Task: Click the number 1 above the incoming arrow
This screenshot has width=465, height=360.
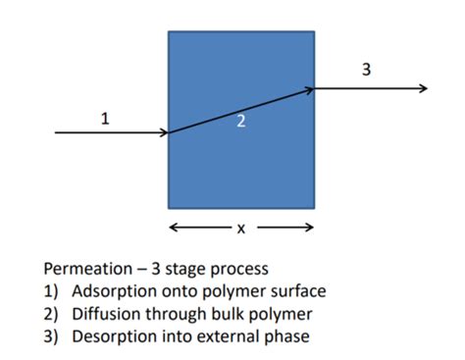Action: click(105, 119)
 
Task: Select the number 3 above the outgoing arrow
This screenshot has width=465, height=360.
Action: click(367, 70)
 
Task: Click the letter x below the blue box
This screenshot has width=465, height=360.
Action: click(240, 229)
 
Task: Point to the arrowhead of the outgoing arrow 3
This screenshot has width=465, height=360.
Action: click(423, 88)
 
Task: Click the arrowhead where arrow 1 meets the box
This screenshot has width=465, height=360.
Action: click(164, 132)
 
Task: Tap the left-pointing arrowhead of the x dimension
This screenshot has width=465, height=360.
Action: click(174, 229)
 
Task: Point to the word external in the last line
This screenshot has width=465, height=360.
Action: click(228, 336)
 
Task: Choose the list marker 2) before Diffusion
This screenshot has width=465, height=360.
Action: click(52, 314)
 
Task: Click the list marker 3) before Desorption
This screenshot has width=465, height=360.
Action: click(52, 336)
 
